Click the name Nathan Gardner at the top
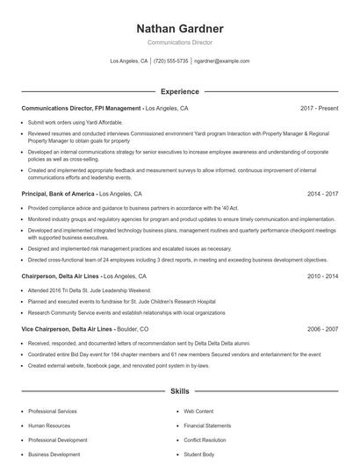(180, 28)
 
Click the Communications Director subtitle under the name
(180, 42)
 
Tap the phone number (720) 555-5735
(171, 61)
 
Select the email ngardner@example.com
(222, 61)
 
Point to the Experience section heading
(180, 91)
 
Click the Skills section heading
(180, 390)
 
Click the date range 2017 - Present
(319, 108)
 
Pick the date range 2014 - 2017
(321, 192)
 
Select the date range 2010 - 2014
(321, 275)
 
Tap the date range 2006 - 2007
(321, 328)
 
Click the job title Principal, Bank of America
(58, 192)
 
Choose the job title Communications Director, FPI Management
(80, 108)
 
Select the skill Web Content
(198, 411)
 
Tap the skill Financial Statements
(207, 425)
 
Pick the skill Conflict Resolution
(205, 440)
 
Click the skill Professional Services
(53, 411)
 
